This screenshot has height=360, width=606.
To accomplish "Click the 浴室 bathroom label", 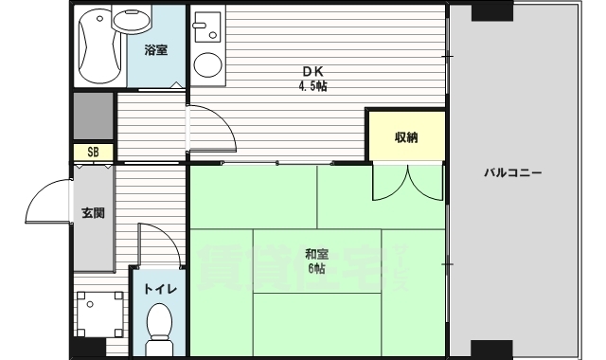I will [x=156, y=49].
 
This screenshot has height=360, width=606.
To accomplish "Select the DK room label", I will [x=313, y=71].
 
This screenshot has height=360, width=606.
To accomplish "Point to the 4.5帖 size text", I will [x=313, y=86].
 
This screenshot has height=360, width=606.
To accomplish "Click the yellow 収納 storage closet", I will [x=405, y=136].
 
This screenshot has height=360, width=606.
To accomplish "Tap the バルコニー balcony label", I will [x=511, y=172].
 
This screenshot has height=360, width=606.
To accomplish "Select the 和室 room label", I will [x=316, y=253].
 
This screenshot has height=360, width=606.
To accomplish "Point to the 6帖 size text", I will [x=316, y=268].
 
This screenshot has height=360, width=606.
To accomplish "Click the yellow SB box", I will [x=94, y=152].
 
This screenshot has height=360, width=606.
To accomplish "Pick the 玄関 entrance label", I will [x=93, y=212].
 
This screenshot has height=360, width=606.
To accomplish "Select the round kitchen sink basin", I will [x=206, y=63].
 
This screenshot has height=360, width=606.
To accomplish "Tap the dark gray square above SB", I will [x=94, y=116].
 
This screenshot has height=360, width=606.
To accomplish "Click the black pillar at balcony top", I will [x=491, y=12].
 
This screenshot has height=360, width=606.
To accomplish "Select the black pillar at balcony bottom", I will [x=491, y=348].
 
